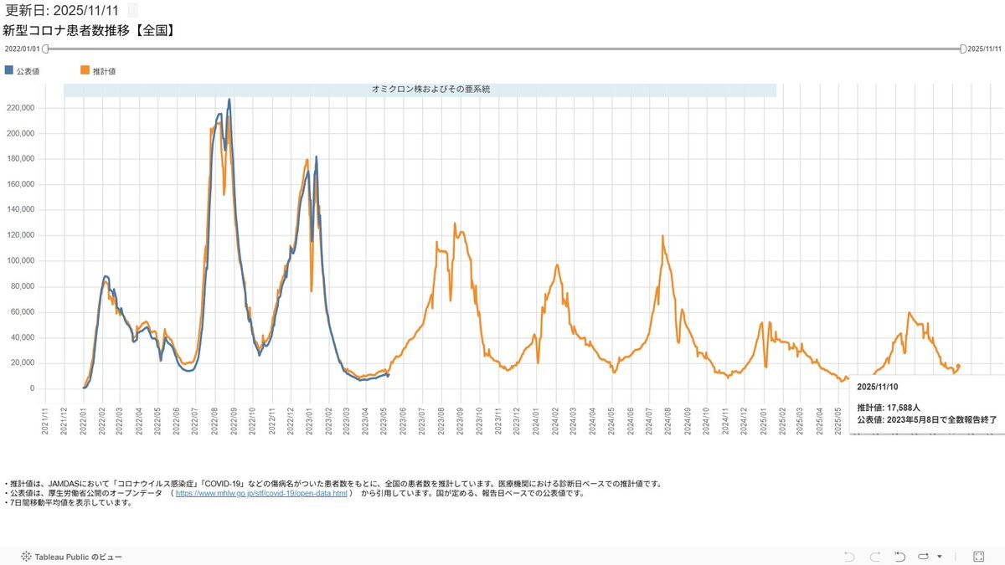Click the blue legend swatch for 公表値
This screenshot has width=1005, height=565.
point(9,70)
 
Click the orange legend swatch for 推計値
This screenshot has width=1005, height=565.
point(85,70)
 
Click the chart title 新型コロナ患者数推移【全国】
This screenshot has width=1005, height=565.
point(89,31)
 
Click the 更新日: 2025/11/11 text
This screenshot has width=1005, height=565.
point(62,11)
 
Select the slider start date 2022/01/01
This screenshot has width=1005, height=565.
point(23,49)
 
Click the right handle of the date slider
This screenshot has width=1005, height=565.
point(963,49)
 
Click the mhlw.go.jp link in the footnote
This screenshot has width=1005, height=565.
point(260,493)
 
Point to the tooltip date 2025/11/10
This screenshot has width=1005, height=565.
point(878,388)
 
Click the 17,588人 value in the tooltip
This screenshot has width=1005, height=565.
point(902,408)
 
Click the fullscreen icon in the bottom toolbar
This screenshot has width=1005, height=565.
point(978,556)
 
